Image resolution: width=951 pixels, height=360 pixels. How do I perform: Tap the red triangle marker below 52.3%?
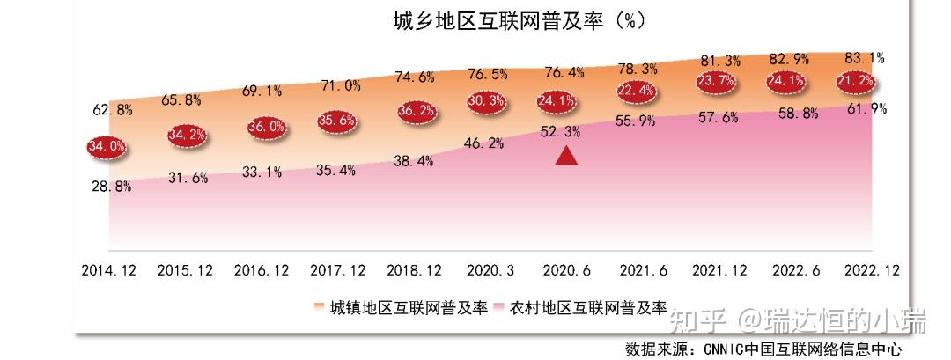point(566,156)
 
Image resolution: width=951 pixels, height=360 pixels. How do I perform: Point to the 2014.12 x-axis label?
point(109,269)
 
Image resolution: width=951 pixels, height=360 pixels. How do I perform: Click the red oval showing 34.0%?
point(106,146)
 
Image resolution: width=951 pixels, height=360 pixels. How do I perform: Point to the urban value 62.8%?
point(112,110)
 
